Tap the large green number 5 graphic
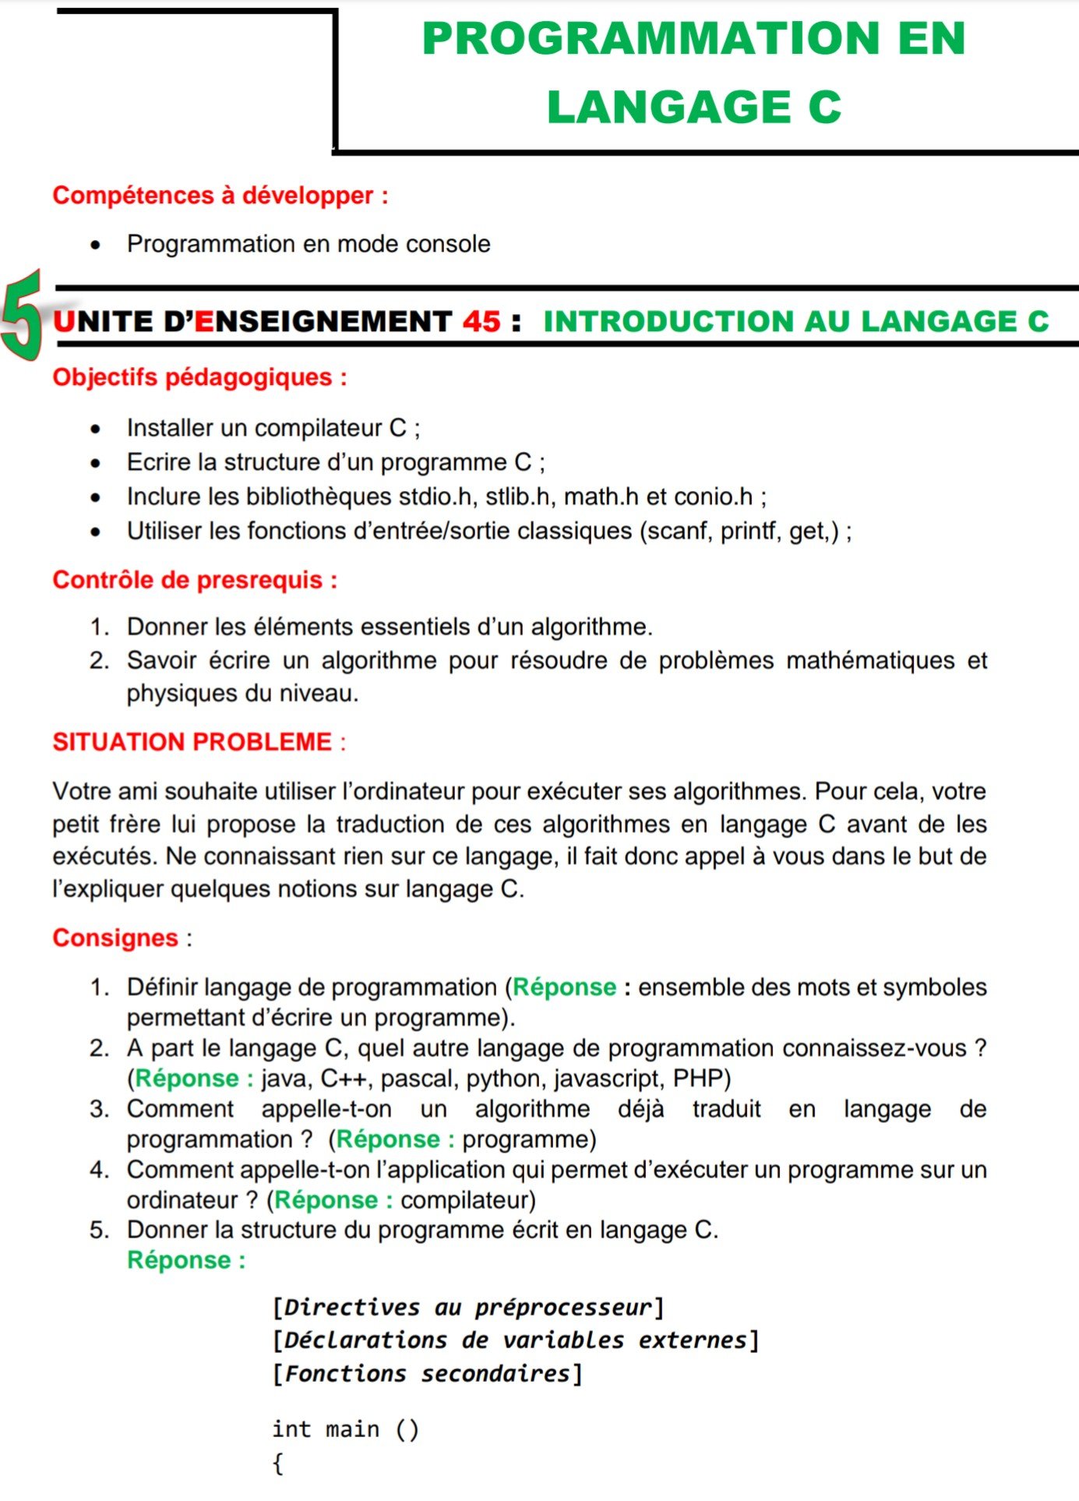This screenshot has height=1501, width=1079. (x=22, y=315)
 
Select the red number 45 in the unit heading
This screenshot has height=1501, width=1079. (x=481, y=321)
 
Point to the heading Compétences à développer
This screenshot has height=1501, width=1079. (x=220, y=195)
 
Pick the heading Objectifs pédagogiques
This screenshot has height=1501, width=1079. (x=199, y=377)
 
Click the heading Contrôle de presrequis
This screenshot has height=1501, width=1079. (x=195, y=580)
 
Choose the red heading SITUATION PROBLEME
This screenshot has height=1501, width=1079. (x=192, y=742)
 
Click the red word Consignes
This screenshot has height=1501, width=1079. (x=115, y=938)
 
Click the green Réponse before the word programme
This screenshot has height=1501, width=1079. (x=388, y=1139)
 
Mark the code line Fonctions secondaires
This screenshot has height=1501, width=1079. (x=427, y=1373)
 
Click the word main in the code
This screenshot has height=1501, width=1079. (x=352, y=1429)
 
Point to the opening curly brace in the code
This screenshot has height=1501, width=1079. (x=278, y=1463)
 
